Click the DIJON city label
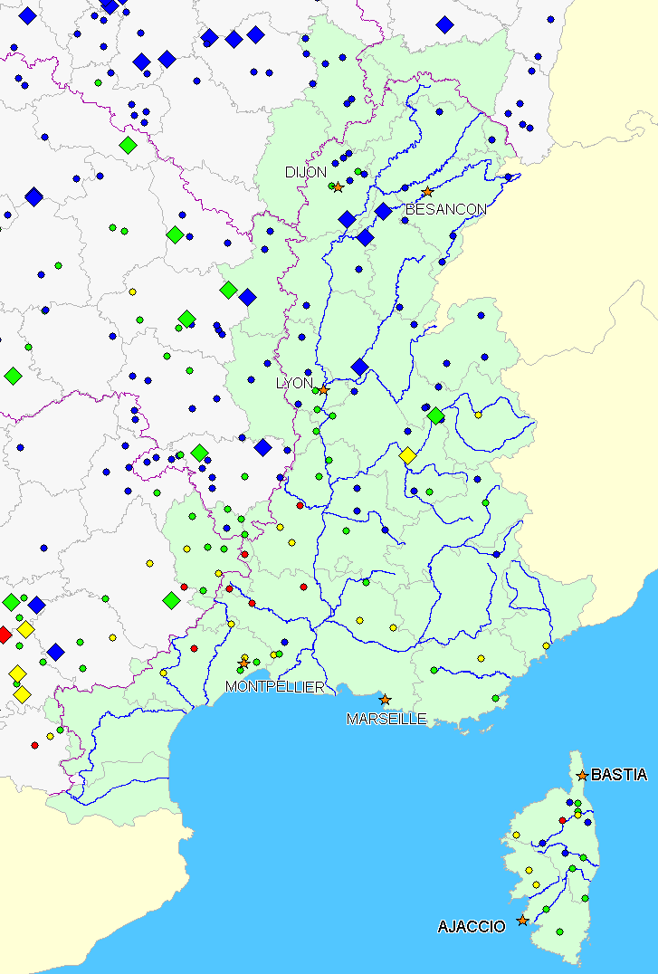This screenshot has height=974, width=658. pyautogui.click(x=305, y=172)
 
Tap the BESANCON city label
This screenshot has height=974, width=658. pyautogui.click(x=446, y=209)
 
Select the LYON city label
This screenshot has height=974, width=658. pyautogui.click(x=293, y=383)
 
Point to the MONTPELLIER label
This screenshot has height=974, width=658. pyautogui.click(x=275, y=687)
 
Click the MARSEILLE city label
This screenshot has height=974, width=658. pyautogui.click(x=386, y=719)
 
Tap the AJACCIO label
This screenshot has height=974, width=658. pyautogui.click(x=472, y=927)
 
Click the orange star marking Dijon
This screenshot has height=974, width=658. pyautogui.click(x=338, y=187)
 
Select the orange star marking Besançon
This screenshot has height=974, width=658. pyautogui.click(x=427, y=192)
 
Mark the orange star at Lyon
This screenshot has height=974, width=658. pyautogui.click(x=323, y=390)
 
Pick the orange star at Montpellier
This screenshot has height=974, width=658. pyautogui.click(x=243, y=664)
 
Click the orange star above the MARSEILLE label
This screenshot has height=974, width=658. pyautogui.click(x=385, y=700)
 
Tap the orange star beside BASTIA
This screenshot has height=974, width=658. pyautogui.click(x=582, y=775)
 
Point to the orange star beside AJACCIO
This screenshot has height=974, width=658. pyautogui.click(x=522, y=921)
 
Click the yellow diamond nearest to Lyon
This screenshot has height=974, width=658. pyautogui.click(x=407, y=455)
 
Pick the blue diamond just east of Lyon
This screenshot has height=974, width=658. pyautogui.click(x=359, y=368)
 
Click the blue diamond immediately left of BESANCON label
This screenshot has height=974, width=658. pyautogui.click(x=383, y=212)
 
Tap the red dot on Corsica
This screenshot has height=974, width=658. pyautogui.click(x=562, y=820)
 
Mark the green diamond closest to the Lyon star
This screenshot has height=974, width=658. pyautogui.click(x=435, y=415)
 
